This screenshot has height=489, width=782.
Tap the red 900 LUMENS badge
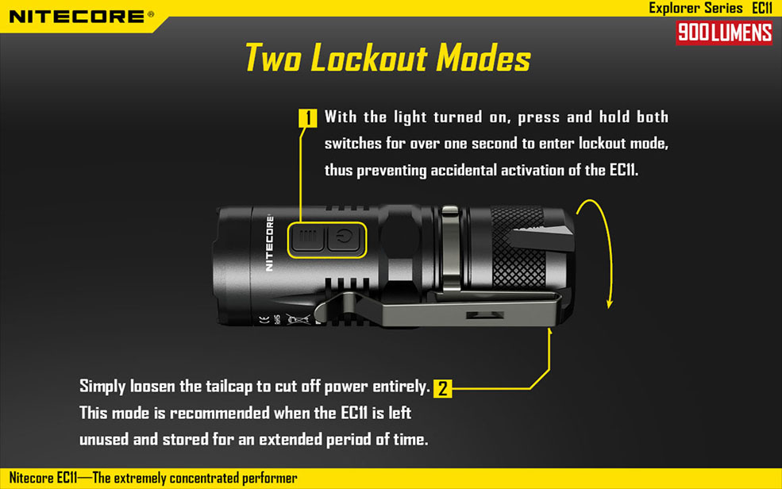click(x=724, y=33)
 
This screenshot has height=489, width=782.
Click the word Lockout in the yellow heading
click(x=369, y=58)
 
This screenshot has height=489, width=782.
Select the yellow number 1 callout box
click(x=308, y=118)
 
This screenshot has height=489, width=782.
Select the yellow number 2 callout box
click(x=443, y=388)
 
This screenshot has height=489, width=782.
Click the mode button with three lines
click(x=308, y=238)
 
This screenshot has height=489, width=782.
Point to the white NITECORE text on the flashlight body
click(x=269, y=243)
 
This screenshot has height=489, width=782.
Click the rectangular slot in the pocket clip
click(x=485, y=315)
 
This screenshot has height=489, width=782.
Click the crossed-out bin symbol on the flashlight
click(x=297, y=319)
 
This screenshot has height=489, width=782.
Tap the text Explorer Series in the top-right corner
click(x=695, y=8)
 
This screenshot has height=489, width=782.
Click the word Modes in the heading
click(x=483, y=58)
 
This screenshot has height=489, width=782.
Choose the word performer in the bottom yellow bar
click(x=270, y=479)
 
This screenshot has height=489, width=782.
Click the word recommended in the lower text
click(x=220, y=414)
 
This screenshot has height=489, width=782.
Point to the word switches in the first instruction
click(x=353, y=144)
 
